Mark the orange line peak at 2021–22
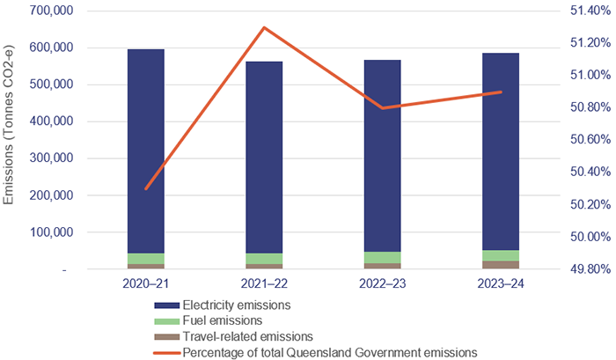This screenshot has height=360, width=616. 264,27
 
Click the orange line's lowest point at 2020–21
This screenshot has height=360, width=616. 146,213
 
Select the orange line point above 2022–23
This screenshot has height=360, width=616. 382,108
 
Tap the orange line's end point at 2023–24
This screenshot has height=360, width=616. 500,92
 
